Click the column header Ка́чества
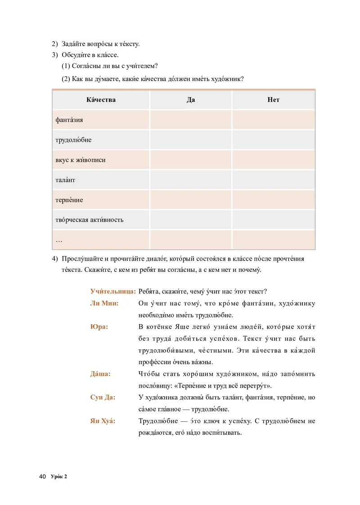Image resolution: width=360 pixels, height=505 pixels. [101, 99]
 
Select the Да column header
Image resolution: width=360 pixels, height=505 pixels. [190, 99]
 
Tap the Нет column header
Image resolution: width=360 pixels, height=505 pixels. [273, 99]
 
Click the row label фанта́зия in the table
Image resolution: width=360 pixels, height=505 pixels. [69, 120]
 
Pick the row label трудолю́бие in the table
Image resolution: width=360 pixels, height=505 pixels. [73, 140]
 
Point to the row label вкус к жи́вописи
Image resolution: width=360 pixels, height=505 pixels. [81, 160]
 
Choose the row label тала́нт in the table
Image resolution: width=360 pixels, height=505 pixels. [65, 180]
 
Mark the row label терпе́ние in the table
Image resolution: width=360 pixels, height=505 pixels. [69, 200]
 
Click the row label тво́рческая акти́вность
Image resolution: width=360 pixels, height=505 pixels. [89, 220]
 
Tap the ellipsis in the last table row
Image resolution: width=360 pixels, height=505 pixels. [59, 240]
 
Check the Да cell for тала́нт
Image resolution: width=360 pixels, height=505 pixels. [190, 180]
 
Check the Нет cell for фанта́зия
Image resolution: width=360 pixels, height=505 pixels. [273, 120]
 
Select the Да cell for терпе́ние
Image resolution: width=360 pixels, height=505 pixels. [190, 200]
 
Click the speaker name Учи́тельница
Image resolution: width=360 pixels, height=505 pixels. [113, 291]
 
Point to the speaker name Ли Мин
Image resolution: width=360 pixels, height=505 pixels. [104, 303]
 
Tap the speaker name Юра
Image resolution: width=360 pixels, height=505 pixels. [99, 327]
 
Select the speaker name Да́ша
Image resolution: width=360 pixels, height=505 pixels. [100, 374]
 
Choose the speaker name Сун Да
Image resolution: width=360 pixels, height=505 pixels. [103, 397]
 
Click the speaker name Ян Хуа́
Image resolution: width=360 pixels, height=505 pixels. [103, 421]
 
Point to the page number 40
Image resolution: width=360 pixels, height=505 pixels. [43, 477]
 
